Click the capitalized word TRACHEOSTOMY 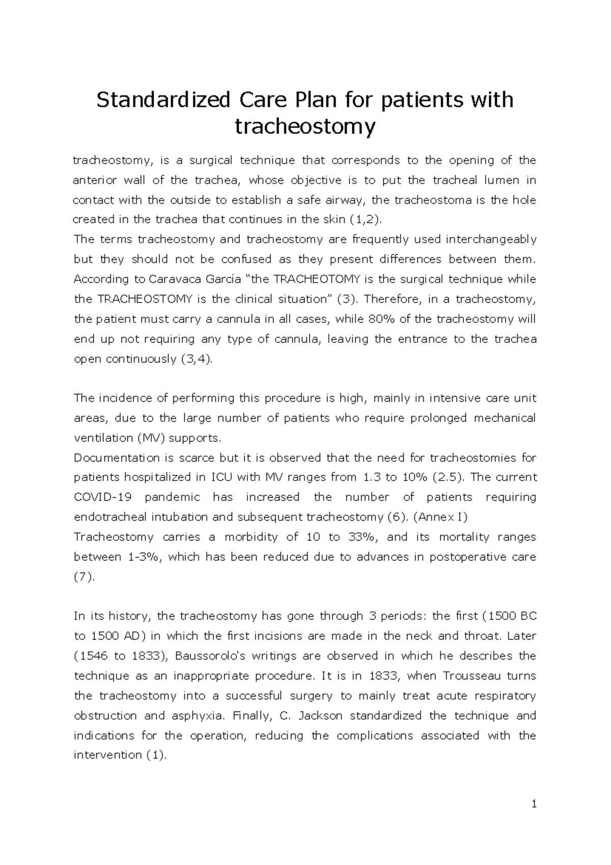pos(142,299)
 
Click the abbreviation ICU pos(221,478)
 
